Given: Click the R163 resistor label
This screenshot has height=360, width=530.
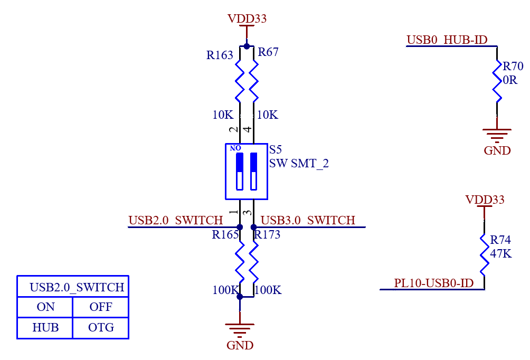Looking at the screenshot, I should [220, 55].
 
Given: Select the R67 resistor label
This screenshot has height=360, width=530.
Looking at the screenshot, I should [268, 52].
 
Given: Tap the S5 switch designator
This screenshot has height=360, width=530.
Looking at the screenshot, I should [276, 150].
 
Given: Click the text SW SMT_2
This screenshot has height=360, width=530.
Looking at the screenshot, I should [299, 164].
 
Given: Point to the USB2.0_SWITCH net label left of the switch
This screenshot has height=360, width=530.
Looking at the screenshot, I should [176, 220].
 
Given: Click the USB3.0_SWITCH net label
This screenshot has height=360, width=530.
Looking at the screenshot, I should [308, 220].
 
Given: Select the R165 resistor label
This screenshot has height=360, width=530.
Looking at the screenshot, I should [225, 235].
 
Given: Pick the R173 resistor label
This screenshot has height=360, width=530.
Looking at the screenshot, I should [267, 235].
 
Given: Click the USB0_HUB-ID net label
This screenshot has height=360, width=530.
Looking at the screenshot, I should [447, 40].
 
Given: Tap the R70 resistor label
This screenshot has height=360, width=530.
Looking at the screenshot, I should [513, 67].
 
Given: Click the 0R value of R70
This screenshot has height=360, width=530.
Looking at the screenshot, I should [510, 80].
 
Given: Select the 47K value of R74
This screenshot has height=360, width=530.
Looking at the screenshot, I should [501, 253].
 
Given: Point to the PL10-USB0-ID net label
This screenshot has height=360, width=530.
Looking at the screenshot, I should [434, 283].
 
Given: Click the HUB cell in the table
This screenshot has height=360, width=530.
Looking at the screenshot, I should [45, 327].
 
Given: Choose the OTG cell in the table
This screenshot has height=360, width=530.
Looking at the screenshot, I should [101, 327].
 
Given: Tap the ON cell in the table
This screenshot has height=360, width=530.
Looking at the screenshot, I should [45, 307].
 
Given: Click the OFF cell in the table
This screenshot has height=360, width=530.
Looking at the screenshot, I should [101, 307].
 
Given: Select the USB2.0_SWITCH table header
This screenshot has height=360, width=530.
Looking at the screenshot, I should [77, 288].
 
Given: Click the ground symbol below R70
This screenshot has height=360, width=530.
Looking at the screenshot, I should [497, 135].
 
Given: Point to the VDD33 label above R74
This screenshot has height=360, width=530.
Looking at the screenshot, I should [485, 200].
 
